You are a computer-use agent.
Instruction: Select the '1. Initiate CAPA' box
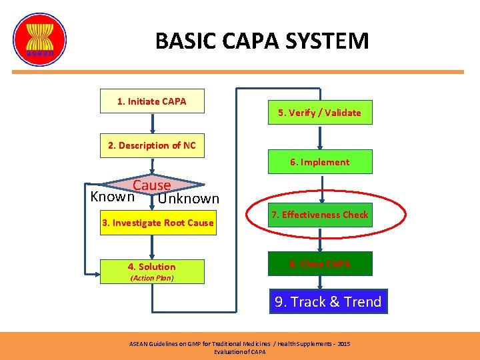point(152,101)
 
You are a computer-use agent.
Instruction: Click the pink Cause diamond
point(152,185)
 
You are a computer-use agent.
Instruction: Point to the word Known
point(112,197)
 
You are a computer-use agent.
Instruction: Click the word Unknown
point(189,198)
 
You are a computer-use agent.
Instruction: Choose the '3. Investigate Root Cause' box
point(158,223)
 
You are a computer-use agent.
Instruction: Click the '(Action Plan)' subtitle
point(152,278)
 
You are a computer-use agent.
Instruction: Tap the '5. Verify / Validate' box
point(319,113)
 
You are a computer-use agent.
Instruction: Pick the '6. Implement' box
point(319,162)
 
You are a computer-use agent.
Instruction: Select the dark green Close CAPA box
point(320,264)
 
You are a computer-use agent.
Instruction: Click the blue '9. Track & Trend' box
point(328,302)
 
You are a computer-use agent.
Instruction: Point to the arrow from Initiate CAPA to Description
point(153,124)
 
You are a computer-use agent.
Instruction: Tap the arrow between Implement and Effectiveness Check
point(321,187)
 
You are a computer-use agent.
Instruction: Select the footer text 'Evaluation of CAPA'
point(239,351)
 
